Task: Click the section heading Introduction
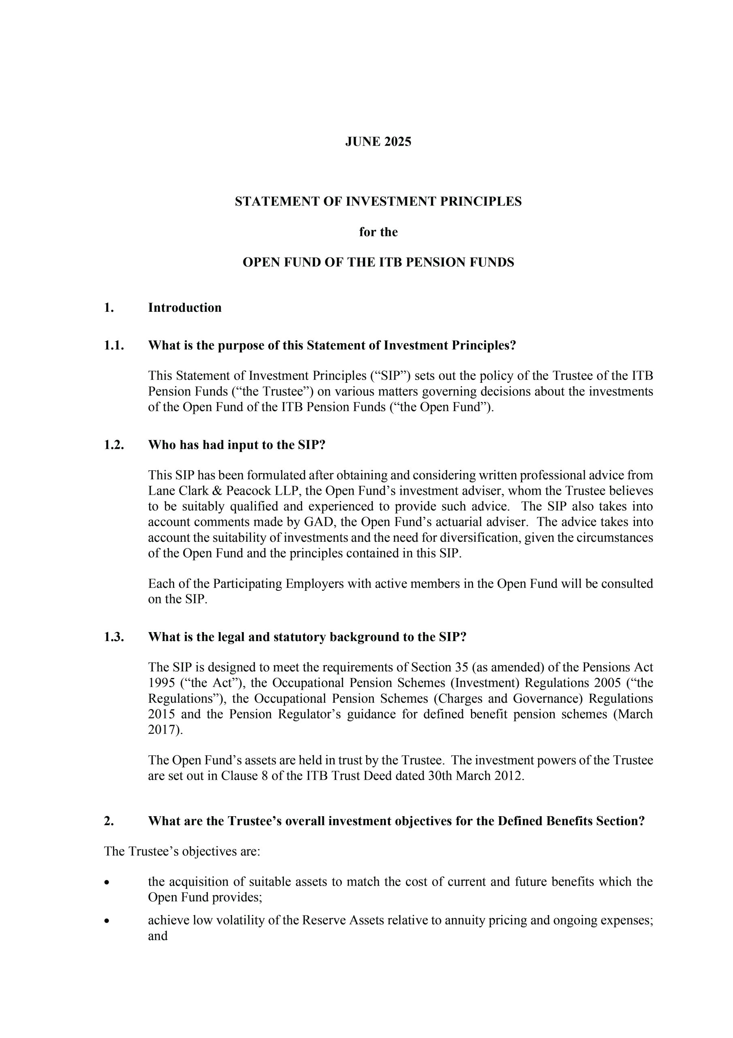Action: pos(185,308)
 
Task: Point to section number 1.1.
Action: pos(114,346)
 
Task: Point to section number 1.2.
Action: pos(114,445)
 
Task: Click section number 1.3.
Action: pos(114,637)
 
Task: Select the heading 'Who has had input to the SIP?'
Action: pos(237,445)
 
